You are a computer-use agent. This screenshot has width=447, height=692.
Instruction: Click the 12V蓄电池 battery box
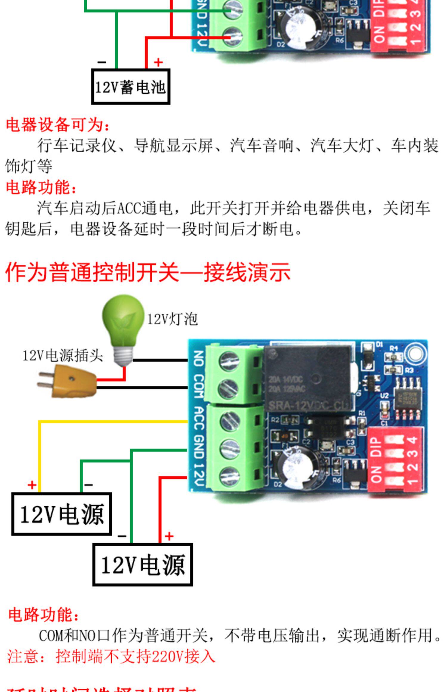pyautogui.click(x=131, y=87)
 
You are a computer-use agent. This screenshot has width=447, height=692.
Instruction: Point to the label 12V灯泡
pyautogui.click(x=172, y=319)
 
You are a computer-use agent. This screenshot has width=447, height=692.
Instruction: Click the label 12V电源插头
pyautogui.click(x=63, y=355)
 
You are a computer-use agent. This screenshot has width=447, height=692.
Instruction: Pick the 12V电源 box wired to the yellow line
pyautogui.click(x=62, y=513)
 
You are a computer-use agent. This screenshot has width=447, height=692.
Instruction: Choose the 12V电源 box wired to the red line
pyautogui.click(x=142, y=564)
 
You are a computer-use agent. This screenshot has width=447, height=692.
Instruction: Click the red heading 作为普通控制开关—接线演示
pyautogui.click(x=148, y=272)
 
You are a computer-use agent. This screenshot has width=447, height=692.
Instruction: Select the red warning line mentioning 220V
pyautogui.click(x=111, y=656)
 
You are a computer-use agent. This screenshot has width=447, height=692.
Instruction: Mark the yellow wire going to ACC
pyautogui.click(x=113, y=421)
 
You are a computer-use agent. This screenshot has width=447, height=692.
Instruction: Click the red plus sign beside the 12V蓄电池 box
pyautogui.click(x=158, y=62)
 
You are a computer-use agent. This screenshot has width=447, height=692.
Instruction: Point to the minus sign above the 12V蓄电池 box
pyautogui.click(x=102, y=62)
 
